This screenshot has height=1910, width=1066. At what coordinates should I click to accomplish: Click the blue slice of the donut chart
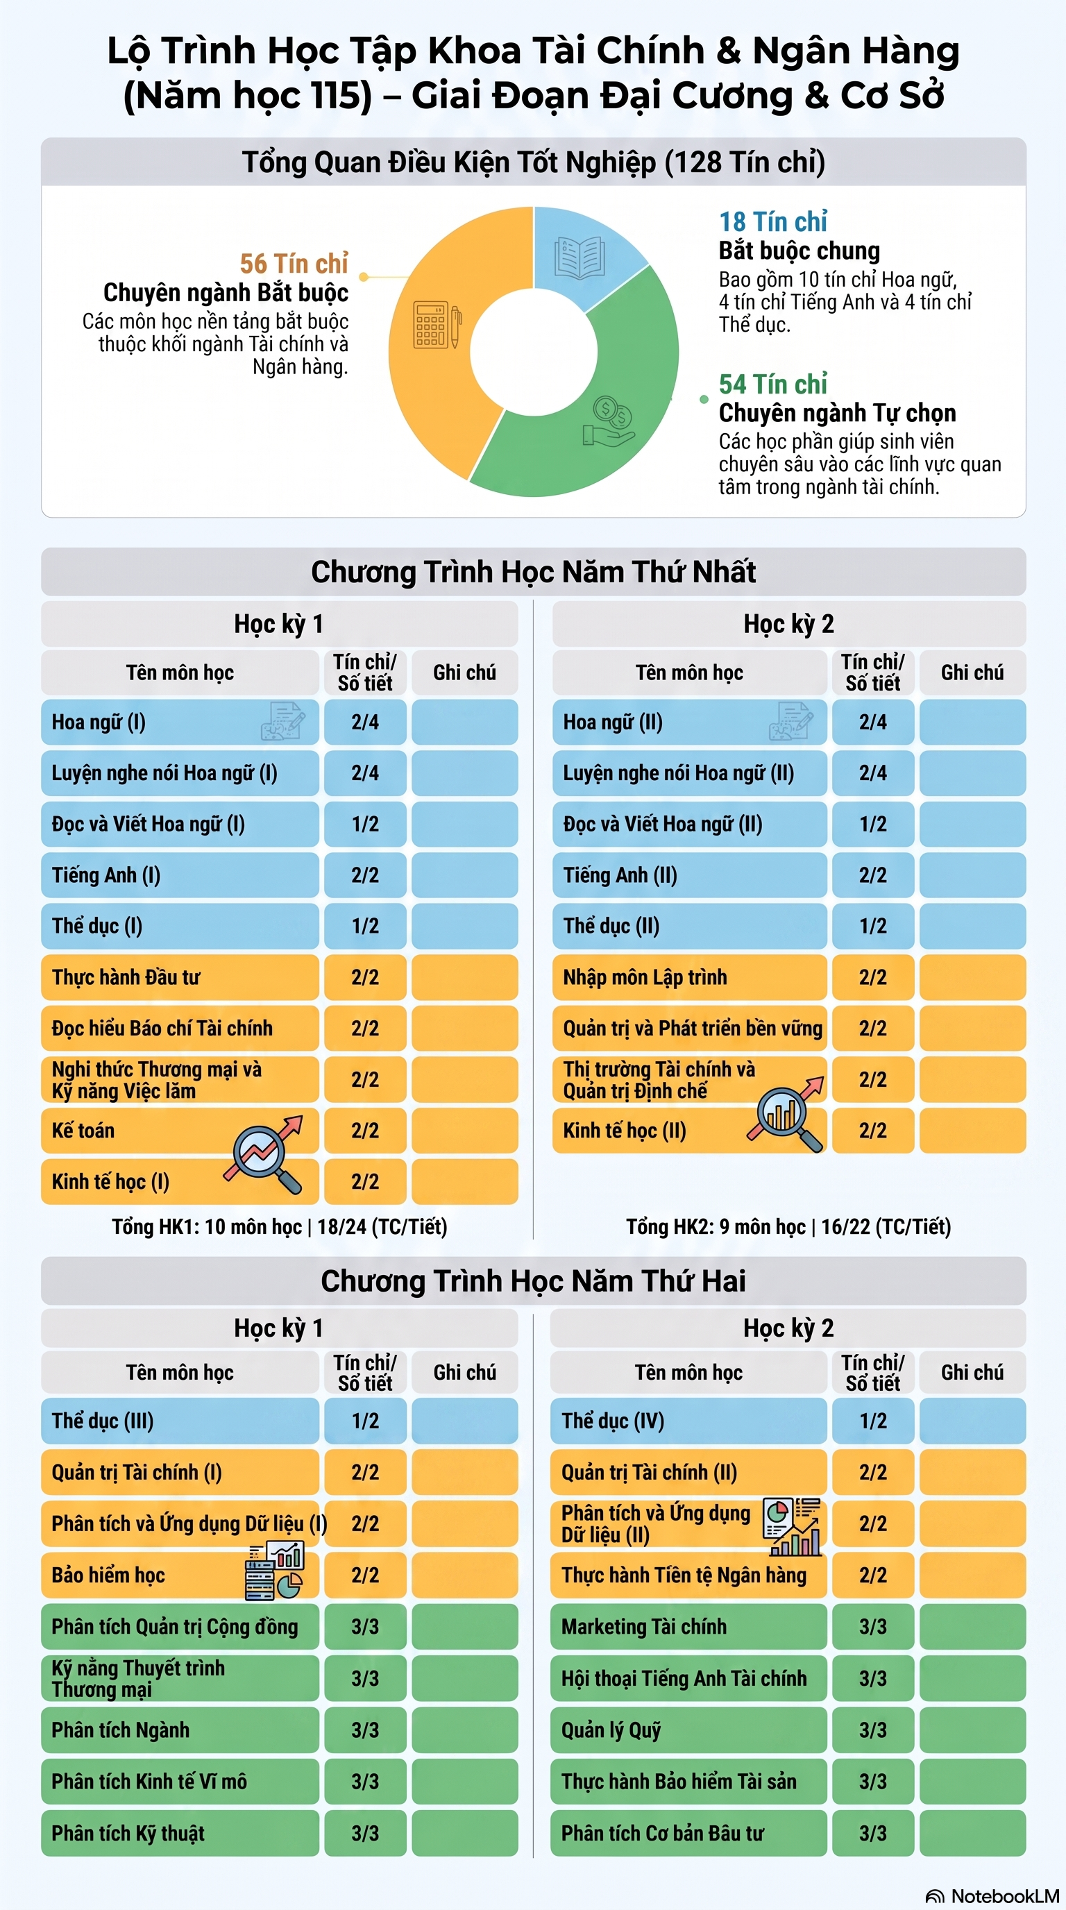point(586,252)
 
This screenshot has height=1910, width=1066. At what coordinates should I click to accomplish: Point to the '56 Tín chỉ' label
point(294,263)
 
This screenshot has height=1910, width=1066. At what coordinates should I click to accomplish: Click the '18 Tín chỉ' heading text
point(772,221)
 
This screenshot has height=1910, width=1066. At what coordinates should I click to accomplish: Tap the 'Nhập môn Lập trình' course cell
point(689,977)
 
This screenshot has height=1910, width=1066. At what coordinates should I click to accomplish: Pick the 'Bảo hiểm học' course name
point(108,1574)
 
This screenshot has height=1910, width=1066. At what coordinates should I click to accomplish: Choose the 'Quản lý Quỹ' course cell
point(688,1729)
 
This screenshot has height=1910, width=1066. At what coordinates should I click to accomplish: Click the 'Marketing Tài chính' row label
point(643,1626)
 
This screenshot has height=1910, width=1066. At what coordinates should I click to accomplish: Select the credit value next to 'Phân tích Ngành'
point(365,1729)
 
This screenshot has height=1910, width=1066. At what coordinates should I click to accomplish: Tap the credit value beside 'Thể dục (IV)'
point(872,1420)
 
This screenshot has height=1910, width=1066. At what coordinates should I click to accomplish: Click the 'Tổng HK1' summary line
point(280,1226)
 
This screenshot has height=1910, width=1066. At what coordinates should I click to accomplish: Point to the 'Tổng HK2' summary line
point(789,1226)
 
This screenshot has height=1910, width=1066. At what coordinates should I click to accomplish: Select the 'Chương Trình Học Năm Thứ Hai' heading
point(533,1281)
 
